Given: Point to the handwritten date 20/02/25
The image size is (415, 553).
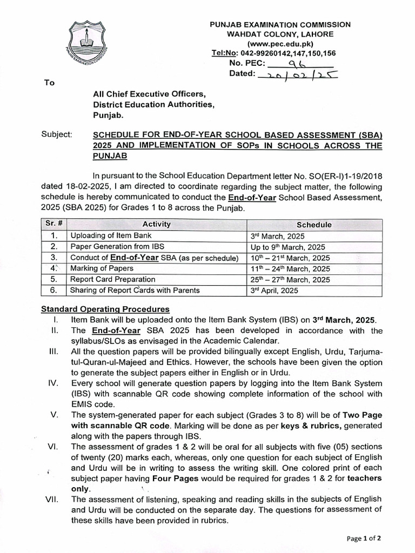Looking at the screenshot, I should (298, 75).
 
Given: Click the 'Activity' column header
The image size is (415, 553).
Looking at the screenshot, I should (156, 224).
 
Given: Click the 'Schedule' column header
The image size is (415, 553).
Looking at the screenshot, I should (314, 225).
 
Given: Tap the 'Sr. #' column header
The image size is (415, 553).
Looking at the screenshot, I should (53, 224).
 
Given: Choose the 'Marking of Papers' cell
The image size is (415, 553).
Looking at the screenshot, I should (102, 268).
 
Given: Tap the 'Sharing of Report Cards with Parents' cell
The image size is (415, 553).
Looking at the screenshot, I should (135, 291).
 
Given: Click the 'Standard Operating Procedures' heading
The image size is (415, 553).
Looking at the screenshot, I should (105, 309).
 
